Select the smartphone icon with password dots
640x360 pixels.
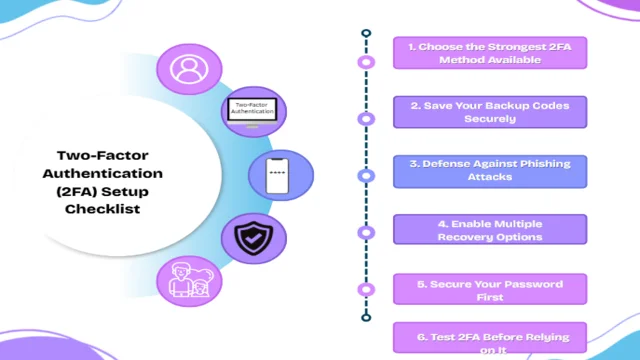[280, 176]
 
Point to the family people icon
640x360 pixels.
[189, 279]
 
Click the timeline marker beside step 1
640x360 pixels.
[367, 62]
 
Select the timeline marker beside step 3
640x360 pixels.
[367, 176]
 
